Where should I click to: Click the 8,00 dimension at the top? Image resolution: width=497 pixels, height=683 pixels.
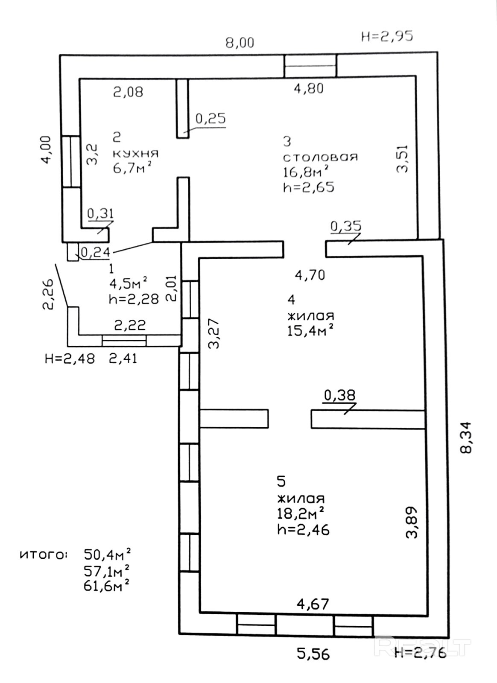(x=240, y=43)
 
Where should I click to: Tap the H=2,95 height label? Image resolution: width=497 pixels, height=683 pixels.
(x=387, y=36)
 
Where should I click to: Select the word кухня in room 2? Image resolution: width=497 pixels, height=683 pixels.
(x=135, y=153)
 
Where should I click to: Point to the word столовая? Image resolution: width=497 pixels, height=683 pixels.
(x=320, y=157)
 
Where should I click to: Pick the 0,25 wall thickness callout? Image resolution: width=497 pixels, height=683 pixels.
(x=210, y=118)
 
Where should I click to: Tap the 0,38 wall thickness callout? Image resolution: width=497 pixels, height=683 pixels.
(x=339, y=395)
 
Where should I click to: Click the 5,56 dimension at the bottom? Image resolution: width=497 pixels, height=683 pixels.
(x=313, y=654)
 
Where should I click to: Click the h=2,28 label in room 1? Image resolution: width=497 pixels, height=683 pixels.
(x=134, y=298)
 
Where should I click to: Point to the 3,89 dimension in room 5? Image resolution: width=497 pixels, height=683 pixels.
(x=412, y=522)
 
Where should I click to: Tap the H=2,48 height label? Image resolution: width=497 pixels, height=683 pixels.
(x=70, y=358)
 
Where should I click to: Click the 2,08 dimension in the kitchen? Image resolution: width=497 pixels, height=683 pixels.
(x=128, y=92)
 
